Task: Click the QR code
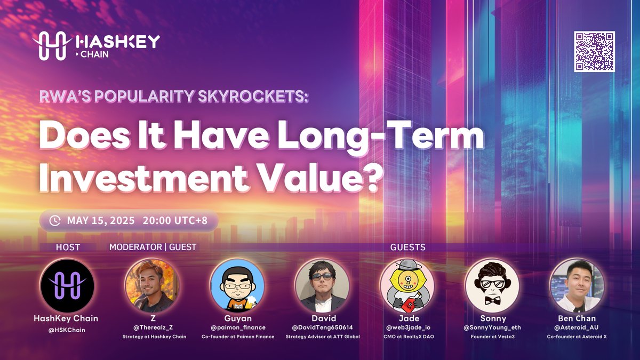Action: [594, 51]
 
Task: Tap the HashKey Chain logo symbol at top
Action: [52, 46]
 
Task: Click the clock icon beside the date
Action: [55, 221]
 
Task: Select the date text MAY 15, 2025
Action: [101, 221]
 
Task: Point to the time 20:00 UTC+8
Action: [175, 221]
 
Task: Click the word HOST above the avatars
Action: [68, 247]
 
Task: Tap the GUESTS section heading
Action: [407, 247]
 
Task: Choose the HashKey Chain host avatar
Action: [67, 285]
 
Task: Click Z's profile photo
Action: [153, 285]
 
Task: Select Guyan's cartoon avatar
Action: [237, 285]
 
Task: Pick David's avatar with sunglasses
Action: [322, 285]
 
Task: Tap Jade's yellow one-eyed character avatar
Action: [407, 285]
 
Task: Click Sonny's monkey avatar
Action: [492, 285]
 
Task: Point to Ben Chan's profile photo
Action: [578, 285]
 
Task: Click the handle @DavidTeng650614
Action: [322, 327]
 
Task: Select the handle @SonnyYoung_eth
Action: [492, 327]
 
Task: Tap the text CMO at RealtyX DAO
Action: [409, 337]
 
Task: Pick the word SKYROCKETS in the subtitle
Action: [253, 97]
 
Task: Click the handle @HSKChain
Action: [67, 330]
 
